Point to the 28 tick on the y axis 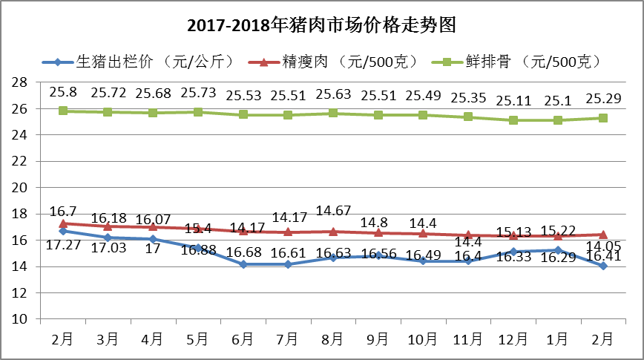point(22,82)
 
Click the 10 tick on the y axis point(22,319)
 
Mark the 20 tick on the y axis point(22,187)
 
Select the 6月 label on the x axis point(243,338)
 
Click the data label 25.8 point(63,93)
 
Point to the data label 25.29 point(602,98)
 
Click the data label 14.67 point(332,210)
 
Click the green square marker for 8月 point(332,113)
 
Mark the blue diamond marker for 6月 point(243,264)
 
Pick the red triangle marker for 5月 point(198,229)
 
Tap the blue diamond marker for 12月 point(513,252)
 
